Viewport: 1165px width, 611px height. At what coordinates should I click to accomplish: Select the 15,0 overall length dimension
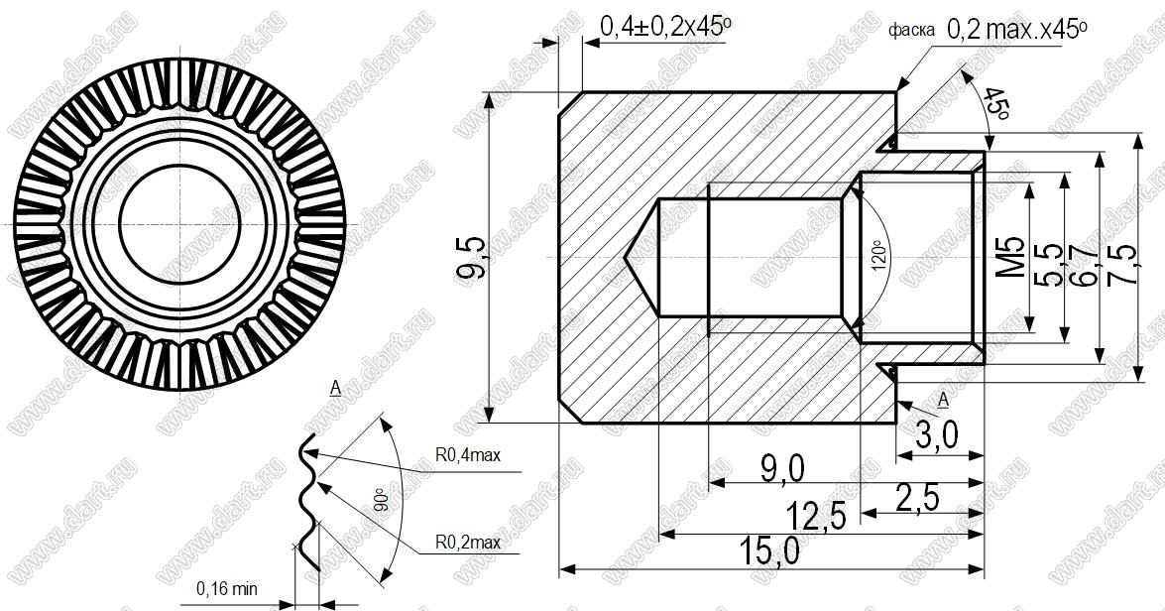[x=770, y=550]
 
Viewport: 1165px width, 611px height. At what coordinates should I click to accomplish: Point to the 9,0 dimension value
[x=782, y=468]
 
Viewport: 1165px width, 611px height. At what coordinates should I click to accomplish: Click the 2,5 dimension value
[x=917, y=497]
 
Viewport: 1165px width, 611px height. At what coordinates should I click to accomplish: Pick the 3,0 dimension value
[x=936, y=435]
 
